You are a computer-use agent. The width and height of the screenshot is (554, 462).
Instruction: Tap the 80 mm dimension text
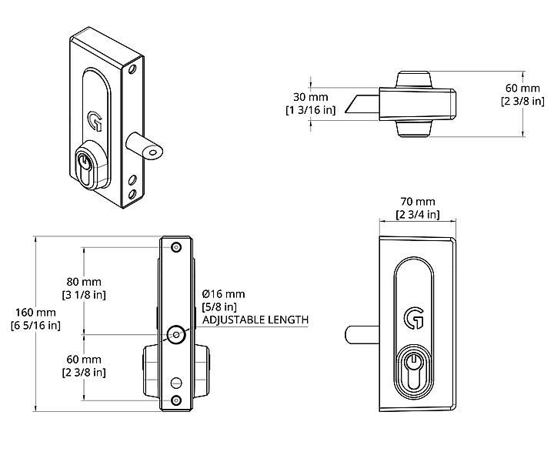[82, 281]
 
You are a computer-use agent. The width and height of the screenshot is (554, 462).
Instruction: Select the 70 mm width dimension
[417, 202]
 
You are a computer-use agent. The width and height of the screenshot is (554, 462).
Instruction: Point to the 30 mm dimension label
[311, 97]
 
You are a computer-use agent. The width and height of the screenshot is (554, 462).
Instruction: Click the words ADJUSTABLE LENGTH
[255, 320]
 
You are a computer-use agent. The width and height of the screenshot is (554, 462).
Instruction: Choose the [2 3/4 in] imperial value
[417, 214]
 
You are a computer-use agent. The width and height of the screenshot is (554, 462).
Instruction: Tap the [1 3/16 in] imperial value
[309, 110]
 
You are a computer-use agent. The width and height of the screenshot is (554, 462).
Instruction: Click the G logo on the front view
[413, 317]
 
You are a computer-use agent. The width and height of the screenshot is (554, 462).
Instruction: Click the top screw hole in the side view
[176, 246]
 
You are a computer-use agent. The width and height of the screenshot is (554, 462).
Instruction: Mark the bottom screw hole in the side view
[176, 400]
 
